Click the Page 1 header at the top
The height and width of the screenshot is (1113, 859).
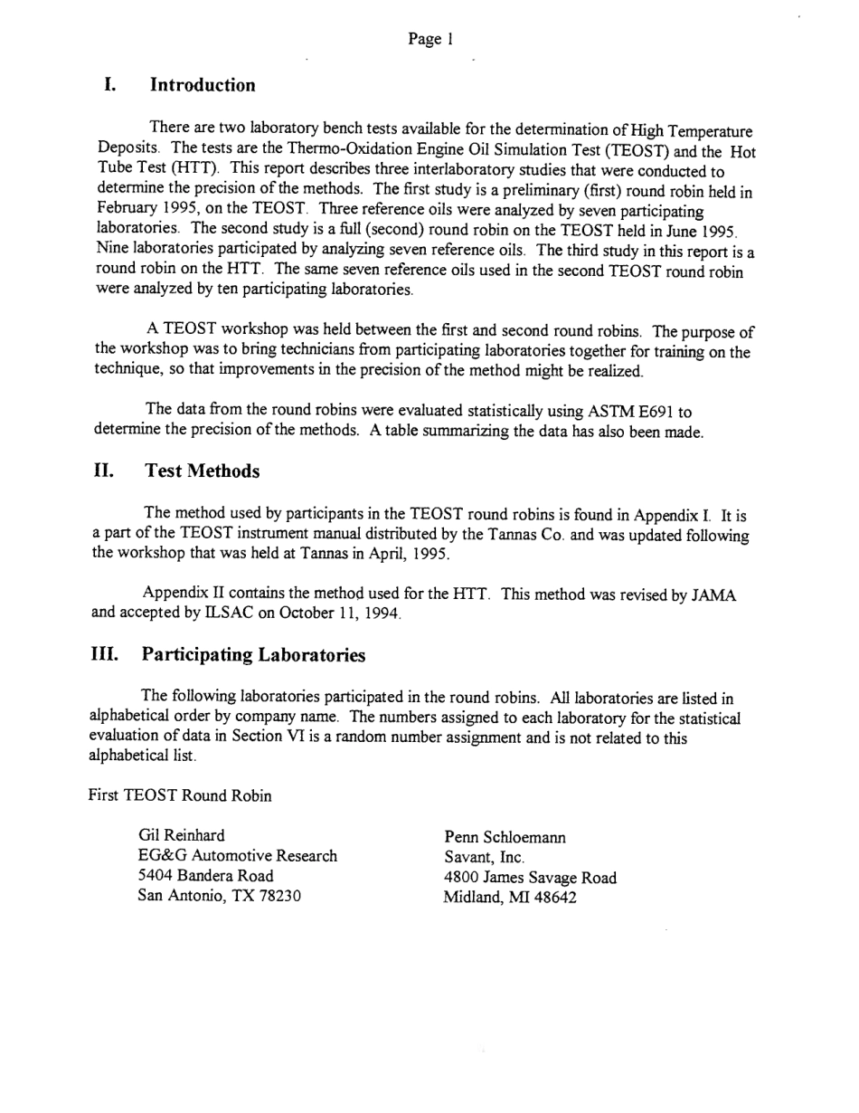point(430,39)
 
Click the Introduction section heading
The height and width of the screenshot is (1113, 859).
point(203,85)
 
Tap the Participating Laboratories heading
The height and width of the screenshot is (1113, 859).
point(253,655)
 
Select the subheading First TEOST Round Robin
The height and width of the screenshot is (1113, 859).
point(180,796)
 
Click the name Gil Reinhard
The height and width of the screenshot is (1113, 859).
point(182,835)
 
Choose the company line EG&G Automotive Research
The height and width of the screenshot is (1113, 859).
point(237,856)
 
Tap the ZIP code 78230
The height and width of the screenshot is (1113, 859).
point(276,897)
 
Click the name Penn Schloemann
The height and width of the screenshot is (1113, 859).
point(505,837)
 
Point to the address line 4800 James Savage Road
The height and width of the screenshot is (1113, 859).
point(530,877)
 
